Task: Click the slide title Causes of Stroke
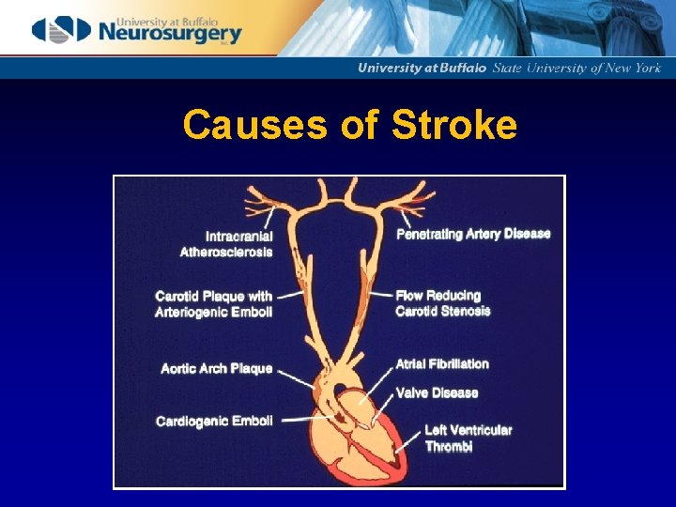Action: click(349, 125)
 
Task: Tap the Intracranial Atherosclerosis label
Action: click(226, 244)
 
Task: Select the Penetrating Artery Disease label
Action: click(473, 234)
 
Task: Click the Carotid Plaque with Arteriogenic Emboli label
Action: click(214, 304)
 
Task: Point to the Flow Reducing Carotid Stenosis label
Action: click(442, 303)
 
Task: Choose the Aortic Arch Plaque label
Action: click(217, 369)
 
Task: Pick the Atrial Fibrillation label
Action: click(442, 364)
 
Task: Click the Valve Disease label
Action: click(437, 392)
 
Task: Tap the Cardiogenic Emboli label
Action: click(214, 422)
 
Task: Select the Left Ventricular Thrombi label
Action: click(468, 438)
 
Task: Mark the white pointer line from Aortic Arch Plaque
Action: click(295, 377)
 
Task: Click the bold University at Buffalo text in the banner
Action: click(422, 68)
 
